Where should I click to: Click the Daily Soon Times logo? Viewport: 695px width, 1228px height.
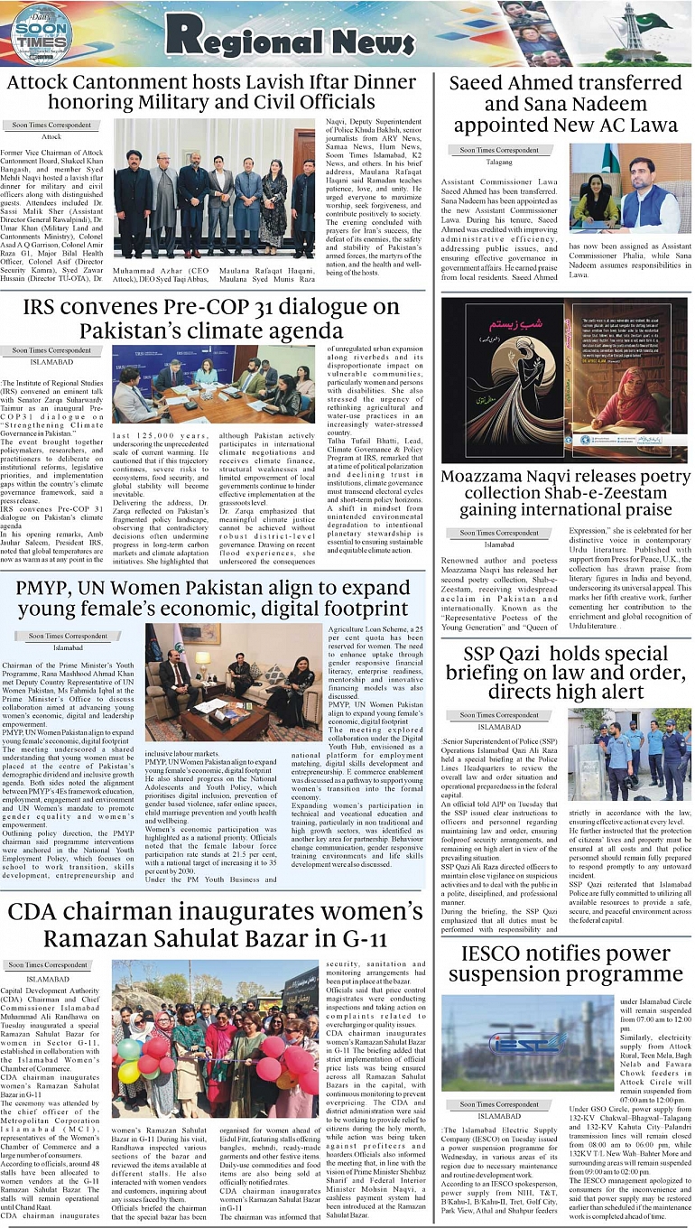click(41, 33)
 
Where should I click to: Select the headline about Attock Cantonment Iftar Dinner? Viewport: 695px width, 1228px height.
click(211, 93)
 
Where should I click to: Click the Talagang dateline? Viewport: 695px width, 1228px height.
click(499, 163)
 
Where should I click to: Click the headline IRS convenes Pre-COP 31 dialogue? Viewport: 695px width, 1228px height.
click(211, 319)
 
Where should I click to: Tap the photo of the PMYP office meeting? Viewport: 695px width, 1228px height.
click(233, 683)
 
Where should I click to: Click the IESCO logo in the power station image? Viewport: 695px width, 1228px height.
click(529, 1044)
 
